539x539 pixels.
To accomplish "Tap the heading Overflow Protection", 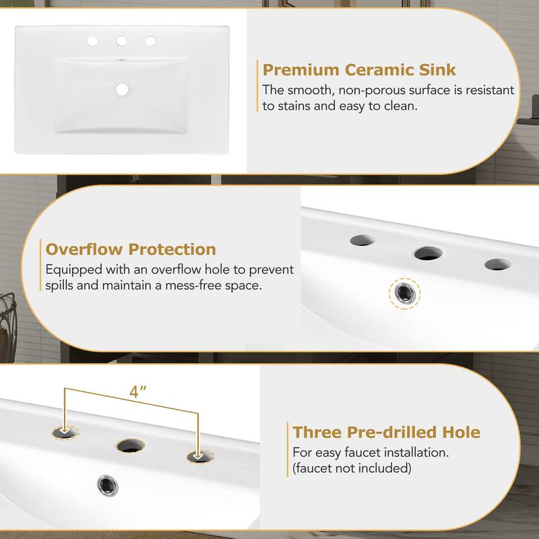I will [x=131, y=249].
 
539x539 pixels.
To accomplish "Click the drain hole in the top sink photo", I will [x=122, y=88].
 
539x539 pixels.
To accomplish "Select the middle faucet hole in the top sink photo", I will [x=122, y=42].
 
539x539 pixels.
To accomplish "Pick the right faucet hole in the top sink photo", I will [x=150, y=42].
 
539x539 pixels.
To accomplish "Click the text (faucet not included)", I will [x=351, y=468].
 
